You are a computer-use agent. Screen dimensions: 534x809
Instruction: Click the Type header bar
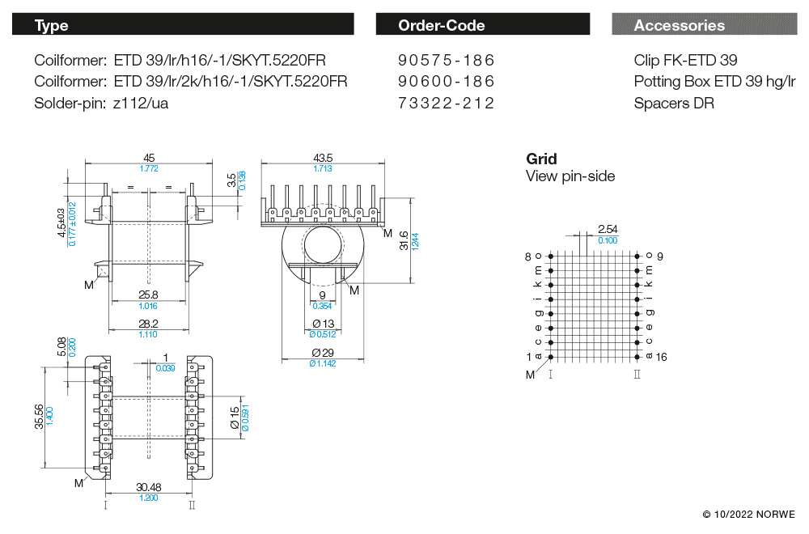tap(183, 25)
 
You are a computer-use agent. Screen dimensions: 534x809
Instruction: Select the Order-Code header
tap(482, 25)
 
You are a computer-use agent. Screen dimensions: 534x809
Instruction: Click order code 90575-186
tap(446, 61)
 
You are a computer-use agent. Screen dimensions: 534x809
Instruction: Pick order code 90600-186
tap(446, 82)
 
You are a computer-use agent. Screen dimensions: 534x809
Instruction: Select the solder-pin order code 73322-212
tap(446, 103)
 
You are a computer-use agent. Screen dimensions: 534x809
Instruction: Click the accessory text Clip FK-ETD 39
tap(685, 61)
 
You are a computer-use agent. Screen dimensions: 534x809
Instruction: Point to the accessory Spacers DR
tap(674, 103)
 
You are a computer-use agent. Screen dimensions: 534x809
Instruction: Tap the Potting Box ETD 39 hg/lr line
tap(714, 82)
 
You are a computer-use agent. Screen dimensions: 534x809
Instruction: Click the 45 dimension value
tap(149, 158)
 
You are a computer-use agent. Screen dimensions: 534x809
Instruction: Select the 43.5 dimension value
tap(323, 158)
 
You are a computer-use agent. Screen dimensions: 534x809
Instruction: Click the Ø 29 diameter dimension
tap(323, 353)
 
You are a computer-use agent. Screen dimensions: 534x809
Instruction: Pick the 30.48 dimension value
tap(149, 487)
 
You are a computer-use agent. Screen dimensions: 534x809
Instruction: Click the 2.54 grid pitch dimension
tap(607, 230)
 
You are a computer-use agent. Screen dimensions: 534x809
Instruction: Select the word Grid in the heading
tap(541, 159)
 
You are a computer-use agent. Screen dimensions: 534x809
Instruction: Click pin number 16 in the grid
tap(660, 357)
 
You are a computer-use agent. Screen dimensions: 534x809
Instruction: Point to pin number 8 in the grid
tap(528, 256)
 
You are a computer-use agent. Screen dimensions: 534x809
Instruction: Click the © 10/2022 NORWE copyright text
tap(748, 515)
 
